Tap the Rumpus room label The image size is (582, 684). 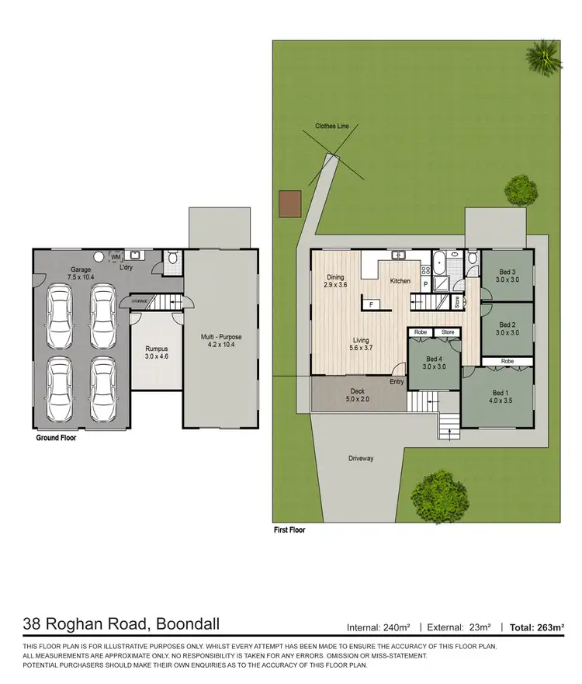(x=156, y=353)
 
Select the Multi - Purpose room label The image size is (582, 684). (x=220, y=341)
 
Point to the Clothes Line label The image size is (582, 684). (x=331, y=126)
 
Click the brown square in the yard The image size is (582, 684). (x=289, y=203)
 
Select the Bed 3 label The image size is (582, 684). (x=508, y=276)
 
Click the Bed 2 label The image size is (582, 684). (x=508, y=328)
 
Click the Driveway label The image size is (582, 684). (x=361, y=459)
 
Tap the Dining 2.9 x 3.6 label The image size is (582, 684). (x=335, y=281)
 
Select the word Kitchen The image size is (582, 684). (x=400, y=281)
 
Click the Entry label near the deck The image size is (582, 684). (x=397, y=381)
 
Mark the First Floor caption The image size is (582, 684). (x=289, y=532)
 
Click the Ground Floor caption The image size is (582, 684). (x=57, y=438)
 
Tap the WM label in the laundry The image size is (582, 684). (x=116, y=256)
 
